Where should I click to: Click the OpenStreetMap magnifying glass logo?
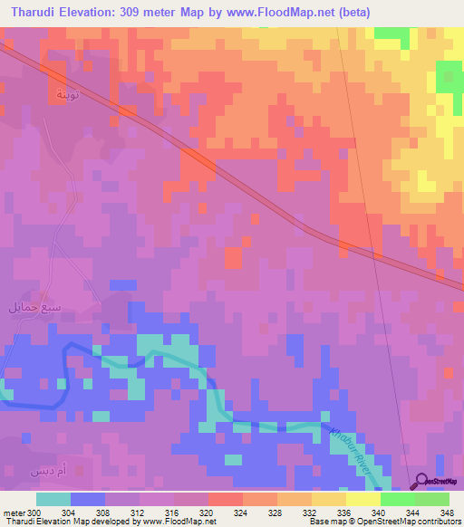click(x=421, y=483)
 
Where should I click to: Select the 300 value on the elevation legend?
click(x=33, y=513)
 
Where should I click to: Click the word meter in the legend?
click(x=14, y=513)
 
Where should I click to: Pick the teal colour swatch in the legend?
click(x=53, y=499)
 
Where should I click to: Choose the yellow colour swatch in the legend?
click(x=363, y=499)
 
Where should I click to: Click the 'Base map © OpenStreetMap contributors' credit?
click(x=384, y=522)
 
